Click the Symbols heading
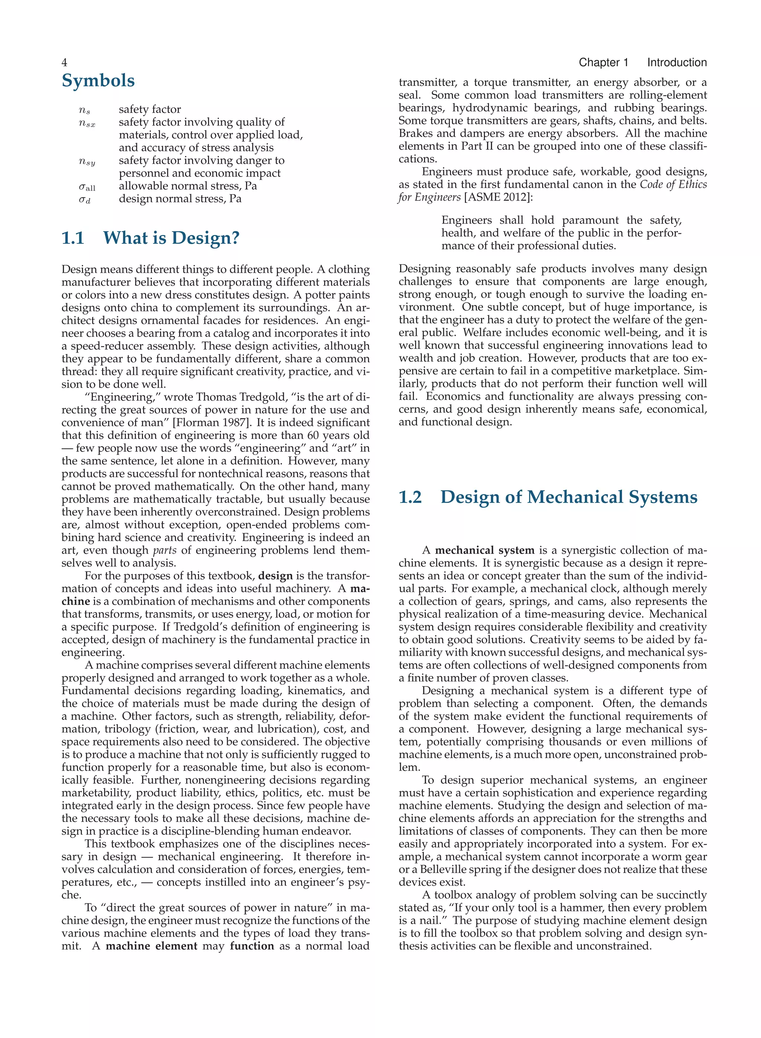98,81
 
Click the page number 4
65,63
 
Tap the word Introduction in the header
676,63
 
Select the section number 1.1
73,238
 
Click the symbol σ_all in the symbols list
87,187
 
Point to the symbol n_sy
87,162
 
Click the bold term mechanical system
485,550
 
